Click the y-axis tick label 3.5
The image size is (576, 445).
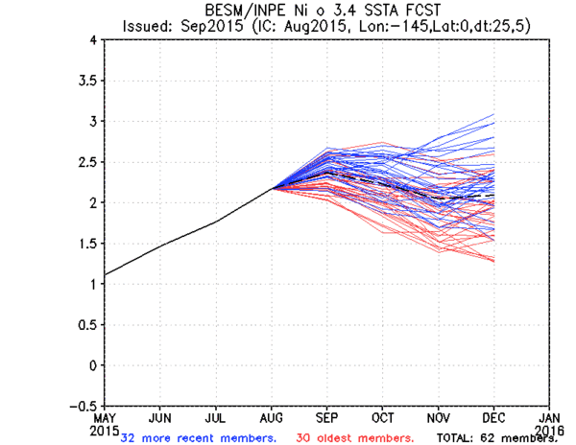click(88, 82)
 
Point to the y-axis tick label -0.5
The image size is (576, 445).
click(84, 406)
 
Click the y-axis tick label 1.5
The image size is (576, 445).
click(88, 244)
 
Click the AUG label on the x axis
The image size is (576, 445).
click(270, 419)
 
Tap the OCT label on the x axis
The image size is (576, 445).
click(382, 419)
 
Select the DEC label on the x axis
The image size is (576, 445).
click(494, 419)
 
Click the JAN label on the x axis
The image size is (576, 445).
click(550, 419)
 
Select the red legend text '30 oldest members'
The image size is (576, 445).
click(355, 437)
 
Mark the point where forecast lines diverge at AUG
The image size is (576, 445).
click(271, 188)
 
